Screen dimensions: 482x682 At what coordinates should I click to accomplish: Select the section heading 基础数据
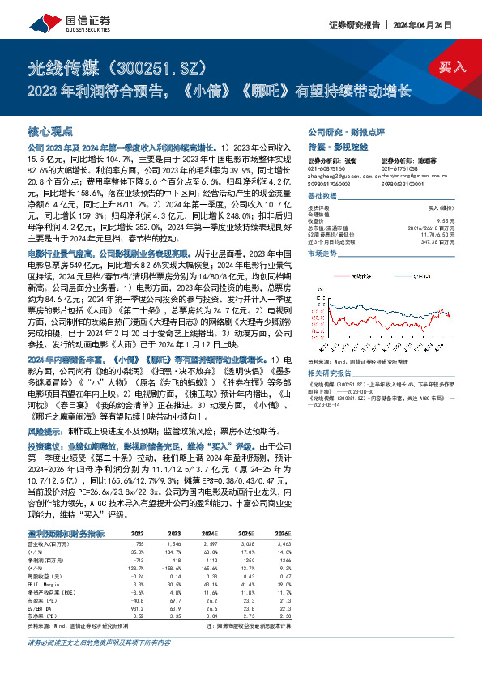(x=321, y=197)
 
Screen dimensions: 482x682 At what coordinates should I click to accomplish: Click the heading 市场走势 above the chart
(x=321, y=254)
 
